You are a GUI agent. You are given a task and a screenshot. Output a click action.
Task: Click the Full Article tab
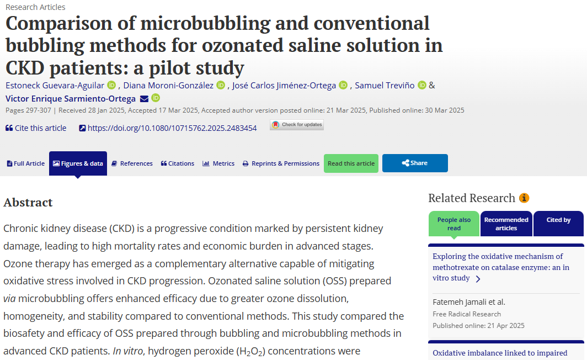(26, 163)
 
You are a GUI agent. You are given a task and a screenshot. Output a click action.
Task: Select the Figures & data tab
(78, 163)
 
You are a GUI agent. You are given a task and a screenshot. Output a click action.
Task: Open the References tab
(132, 163)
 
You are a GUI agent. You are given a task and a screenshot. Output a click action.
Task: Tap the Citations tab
(177, 163)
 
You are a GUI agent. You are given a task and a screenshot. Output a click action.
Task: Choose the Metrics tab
(218, 163)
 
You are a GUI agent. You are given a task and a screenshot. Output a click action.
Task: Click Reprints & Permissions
(281, 163)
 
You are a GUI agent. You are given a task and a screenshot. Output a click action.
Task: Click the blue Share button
(415, 163)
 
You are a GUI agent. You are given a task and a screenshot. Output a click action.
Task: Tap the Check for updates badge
(297, 125)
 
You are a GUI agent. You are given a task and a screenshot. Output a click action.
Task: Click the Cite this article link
(36, 128)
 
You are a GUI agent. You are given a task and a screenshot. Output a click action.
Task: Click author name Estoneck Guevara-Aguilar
(55, 85)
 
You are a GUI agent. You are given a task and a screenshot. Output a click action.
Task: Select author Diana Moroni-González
(168, 85)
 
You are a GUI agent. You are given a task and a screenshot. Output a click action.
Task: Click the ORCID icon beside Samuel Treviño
(422, 85)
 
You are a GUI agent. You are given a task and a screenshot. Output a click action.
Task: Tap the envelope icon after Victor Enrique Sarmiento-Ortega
(144, 99)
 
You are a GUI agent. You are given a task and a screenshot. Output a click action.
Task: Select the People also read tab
(454, 224)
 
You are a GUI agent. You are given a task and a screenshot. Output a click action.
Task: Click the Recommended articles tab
(506, 224)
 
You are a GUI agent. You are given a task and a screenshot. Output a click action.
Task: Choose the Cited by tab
(558, 220)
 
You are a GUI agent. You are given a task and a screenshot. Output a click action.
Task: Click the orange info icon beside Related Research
(524, 198)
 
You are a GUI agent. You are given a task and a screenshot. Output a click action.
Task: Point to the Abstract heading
(28, 203)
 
